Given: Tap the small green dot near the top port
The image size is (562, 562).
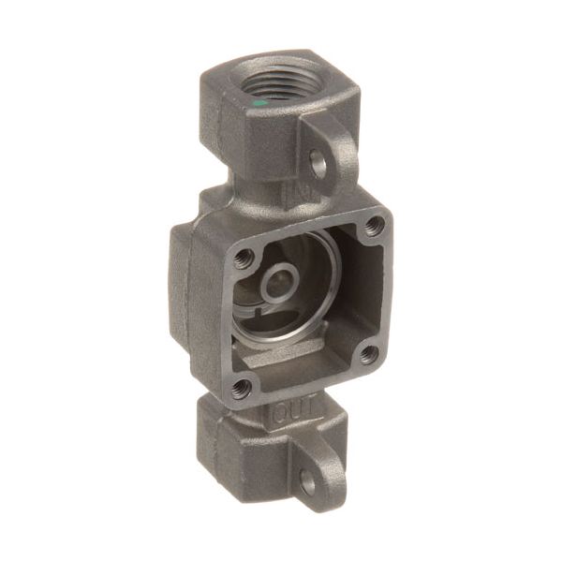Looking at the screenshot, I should [259, 101].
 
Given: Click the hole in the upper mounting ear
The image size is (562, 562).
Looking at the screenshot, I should [318, 166].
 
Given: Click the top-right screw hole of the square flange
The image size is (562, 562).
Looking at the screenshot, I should [376, 224].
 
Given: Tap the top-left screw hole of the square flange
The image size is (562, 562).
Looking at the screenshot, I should [244, 259].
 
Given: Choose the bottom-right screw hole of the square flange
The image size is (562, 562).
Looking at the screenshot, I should [368, 354].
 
